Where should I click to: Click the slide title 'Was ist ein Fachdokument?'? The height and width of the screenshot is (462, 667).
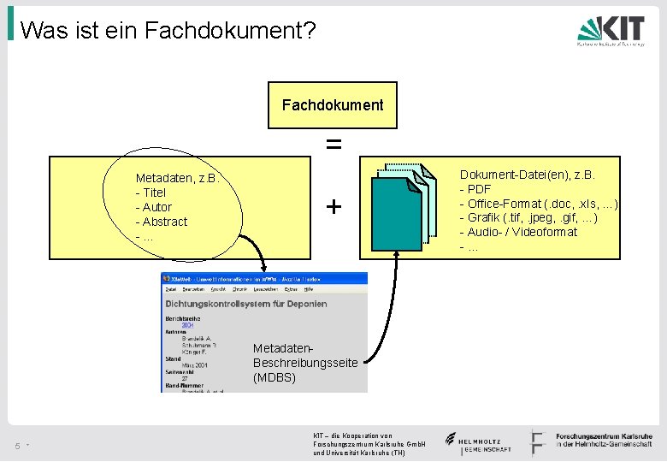click(x=168, y=31)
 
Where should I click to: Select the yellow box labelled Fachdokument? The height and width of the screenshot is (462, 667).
click(x=333, y=106)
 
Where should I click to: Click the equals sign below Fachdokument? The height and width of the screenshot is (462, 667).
click(x=333, y=145)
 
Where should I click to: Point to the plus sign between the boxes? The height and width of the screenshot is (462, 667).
click(x=333, y=206)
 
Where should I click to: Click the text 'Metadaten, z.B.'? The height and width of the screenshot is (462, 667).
click(x=178, y=178)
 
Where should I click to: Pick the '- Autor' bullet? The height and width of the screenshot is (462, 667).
click(x=154, y=207)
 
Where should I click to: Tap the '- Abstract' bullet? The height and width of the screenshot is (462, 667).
click(x=162, y=222)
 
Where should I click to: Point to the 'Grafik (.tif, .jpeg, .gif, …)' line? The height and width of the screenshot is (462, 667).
click(x=529, y=217)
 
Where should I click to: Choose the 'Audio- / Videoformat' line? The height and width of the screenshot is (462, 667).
click(x=519, y=232)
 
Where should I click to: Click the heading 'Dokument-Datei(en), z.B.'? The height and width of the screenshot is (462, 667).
click(x=528, y=175)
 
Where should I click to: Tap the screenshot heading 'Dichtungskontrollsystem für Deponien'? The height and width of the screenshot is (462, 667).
click(x=236, y=303)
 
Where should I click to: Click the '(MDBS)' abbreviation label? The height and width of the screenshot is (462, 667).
click(x=274, y=377)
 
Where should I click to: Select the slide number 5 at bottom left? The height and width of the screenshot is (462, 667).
click(x=17, y=445)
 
